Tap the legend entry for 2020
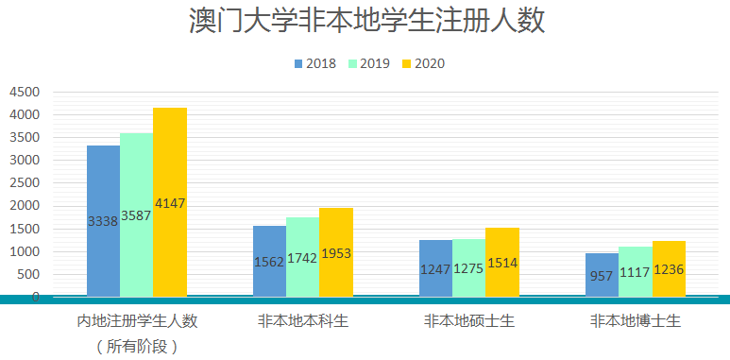coord(422,64)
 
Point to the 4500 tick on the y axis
coord(25,92)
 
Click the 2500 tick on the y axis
coord(25,183)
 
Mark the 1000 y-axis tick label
coord(25,251)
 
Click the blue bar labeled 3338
coord(103,220)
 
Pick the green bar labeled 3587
coord(136,214)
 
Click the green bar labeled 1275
coord(468,266)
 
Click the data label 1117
coord(635,269)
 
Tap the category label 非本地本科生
coord(302,321)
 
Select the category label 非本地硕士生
coord(468,321)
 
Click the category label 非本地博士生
coord(635,321)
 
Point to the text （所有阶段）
coord(137,346)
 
